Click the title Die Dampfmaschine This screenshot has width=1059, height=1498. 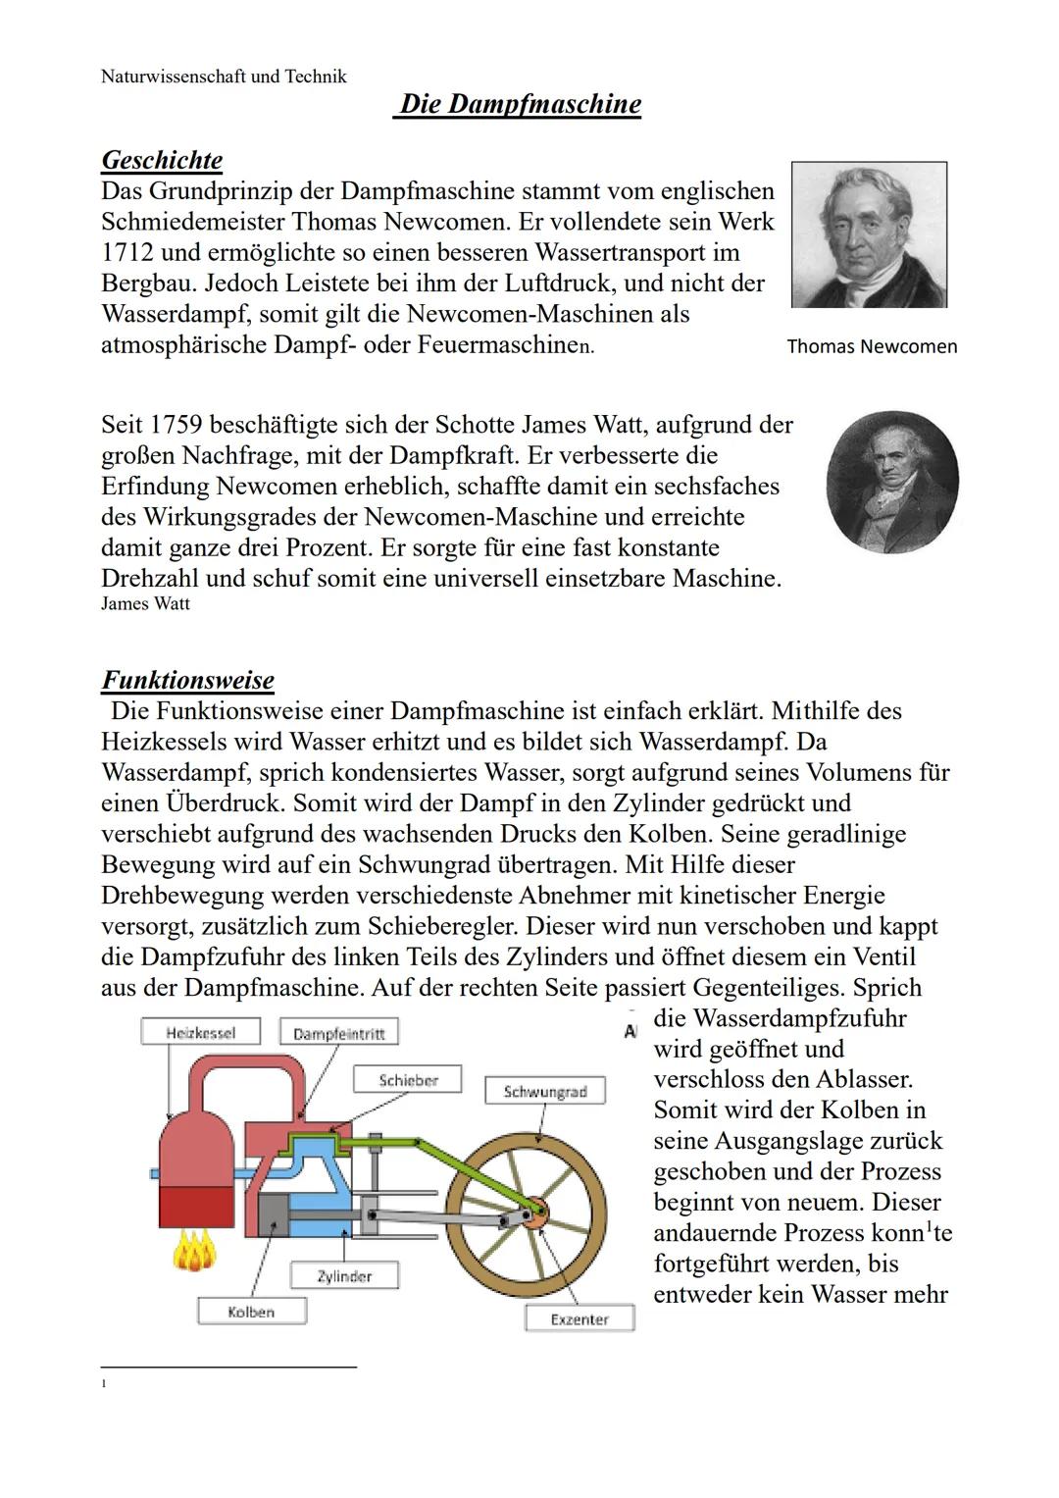click(x=520, y=105)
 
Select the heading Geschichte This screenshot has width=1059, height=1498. click(x=162, y=160)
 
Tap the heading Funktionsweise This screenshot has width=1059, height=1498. click(x=187, y=680)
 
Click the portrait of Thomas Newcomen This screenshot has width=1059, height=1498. click(x=869, y=235)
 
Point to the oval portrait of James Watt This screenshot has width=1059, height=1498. click(x=892, y=482)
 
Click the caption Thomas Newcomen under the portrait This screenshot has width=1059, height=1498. click(x=872, y=346)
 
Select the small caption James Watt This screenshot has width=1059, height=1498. click(x=145, y=604)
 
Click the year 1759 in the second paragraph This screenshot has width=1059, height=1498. click(x=175, y=425)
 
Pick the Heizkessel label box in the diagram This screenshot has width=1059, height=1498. click(x=201, y=1032)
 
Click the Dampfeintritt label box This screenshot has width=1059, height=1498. click(x=339, y=1034)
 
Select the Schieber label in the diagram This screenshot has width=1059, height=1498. click(x=408, y=1080)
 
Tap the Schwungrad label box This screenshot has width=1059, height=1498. click(x=545, y=1092)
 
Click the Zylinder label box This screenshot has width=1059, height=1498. click(x=344, y=1276)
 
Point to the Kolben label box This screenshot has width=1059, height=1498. click(x=251, y=1312)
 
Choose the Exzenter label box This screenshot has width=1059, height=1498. click(x=579, y=1319)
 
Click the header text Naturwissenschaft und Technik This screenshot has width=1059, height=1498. click(x=224, y=77)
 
